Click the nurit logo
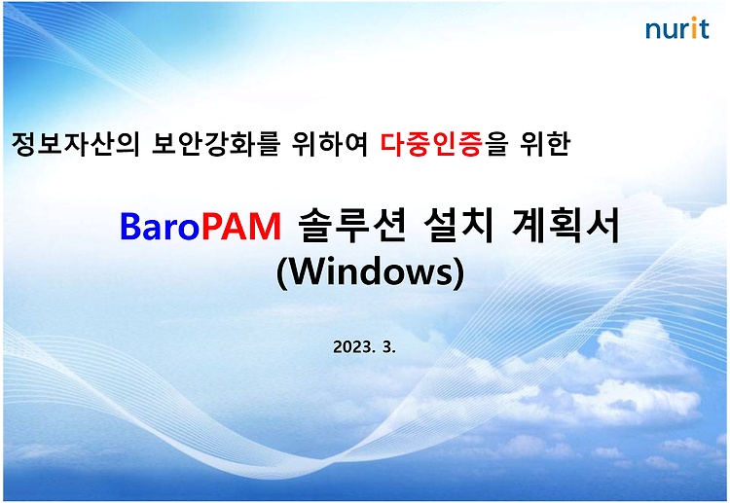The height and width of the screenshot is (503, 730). (676, 28)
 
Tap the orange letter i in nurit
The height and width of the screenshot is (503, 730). (694, 28)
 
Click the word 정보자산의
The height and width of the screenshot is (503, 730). (75, 143)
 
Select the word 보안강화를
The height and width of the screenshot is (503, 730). (215, 143)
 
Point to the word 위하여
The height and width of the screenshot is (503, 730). (330, 143)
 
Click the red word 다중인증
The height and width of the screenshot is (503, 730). (431, 143)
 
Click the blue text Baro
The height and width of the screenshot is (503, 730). (161, 226)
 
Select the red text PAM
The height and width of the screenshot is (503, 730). (241, 226)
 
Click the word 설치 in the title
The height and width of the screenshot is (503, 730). (458, 225)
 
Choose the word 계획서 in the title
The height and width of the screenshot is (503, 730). (566, 225)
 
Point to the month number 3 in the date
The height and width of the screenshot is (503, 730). (386, 346)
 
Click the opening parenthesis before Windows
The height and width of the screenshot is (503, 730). (282, 272)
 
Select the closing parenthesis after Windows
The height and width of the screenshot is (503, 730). (459, 272)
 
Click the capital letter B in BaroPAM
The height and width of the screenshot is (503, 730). (129, 226)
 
